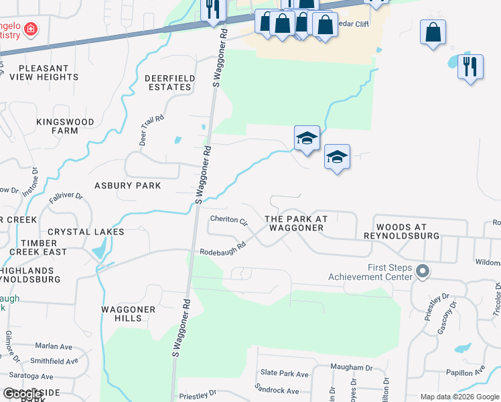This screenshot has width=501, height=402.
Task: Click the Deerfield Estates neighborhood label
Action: click(170, 83)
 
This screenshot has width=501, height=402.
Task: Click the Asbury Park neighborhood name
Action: click(127, 186)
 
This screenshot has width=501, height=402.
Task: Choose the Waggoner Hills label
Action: click(128, 314)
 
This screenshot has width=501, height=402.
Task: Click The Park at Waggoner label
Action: click(296, 223)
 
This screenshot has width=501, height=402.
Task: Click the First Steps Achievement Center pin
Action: click(422, 271)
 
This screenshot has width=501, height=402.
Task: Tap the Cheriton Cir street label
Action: click(229, 220)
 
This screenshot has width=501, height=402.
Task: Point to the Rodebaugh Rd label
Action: click(223, 249)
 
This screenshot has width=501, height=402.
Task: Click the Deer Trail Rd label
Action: click(151, 123)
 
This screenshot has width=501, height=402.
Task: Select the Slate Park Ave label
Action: click(284, 373)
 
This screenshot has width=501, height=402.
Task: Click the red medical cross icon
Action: click(30, 29)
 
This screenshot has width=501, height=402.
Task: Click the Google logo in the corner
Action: click(22, 393)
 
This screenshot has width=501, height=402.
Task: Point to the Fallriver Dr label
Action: click(65, 197)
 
